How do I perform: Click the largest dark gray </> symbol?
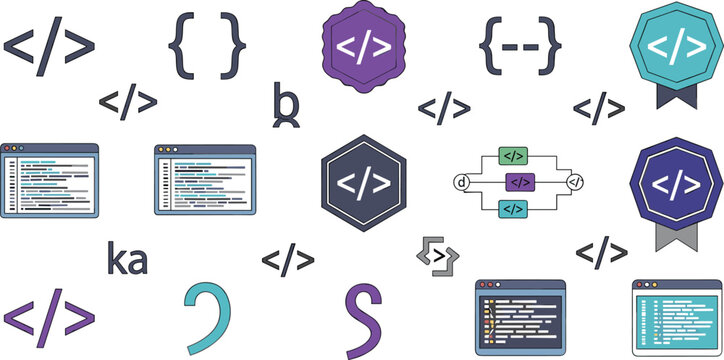tap(50, 46)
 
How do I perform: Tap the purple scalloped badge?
tap(366, 44)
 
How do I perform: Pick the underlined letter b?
tap(286, 105)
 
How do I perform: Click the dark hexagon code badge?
tap(366, 183)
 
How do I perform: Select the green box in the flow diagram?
tap(513, 156)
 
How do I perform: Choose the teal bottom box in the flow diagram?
tap(513, 208)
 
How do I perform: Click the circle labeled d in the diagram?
tap(462, 182)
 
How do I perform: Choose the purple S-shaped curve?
tap(365, 320)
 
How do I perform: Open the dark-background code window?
tap(520, 319)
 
